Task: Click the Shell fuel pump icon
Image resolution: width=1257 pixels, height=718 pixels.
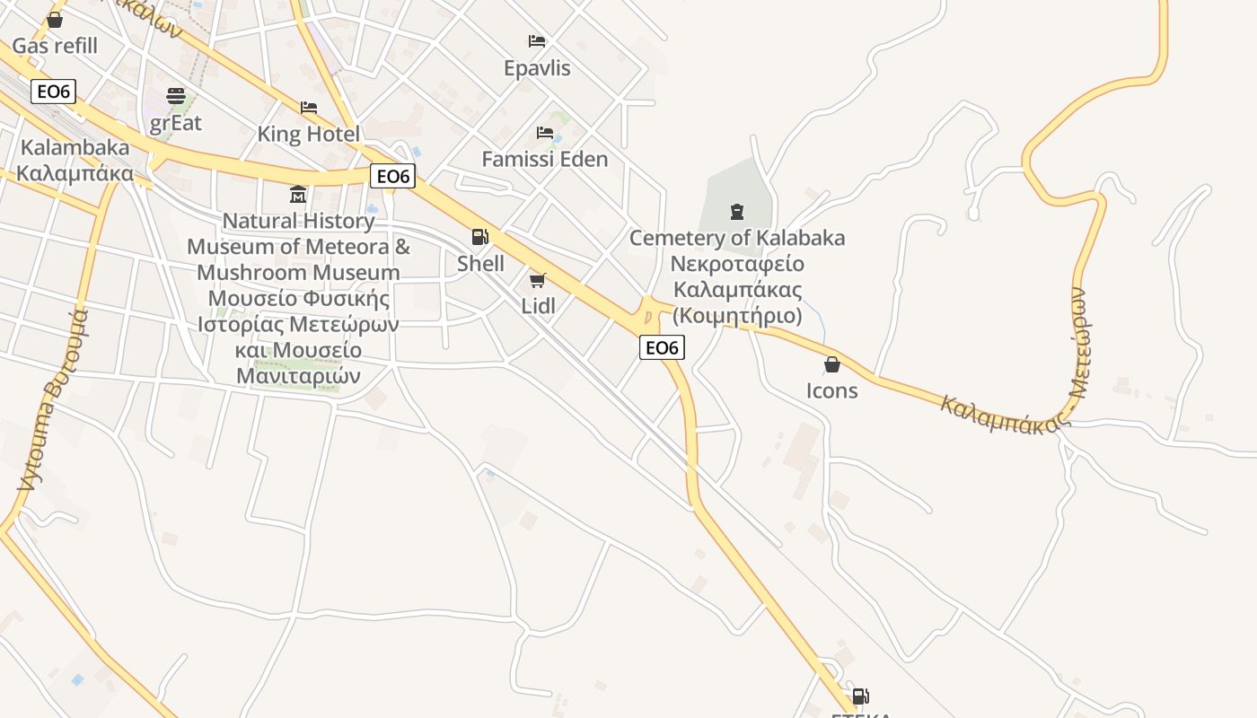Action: [480, 237]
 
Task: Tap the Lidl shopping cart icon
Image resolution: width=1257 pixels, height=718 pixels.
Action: [538, 280]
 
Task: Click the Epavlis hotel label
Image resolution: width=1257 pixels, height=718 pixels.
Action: [537, 68]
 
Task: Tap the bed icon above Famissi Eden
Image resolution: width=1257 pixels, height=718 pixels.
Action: [545, 133]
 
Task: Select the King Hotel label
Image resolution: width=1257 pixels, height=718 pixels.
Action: [308, 135]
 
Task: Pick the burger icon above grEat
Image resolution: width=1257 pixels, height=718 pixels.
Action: [176, 96]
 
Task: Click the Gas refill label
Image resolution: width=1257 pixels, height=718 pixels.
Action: [55, 46]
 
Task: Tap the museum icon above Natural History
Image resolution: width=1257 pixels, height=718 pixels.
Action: [298, 194]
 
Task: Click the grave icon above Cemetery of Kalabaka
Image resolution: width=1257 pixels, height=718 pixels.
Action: [737, 212]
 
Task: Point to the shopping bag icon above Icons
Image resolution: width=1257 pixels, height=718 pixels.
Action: [832, 364]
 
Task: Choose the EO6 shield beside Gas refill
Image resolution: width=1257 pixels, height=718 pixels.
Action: [53, 92]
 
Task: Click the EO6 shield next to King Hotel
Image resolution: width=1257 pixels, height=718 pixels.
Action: [392, 176]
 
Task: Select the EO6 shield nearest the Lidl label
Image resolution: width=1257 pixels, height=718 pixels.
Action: [662, 347]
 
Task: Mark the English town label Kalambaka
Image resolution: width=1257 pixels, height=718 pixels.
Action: [75, 147]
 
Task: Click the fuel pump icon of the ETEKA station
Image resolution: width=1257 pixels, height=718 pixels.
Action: [860, 696]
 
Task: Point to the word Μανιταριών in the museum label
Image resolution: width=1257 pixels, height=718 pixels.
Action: [298, 375]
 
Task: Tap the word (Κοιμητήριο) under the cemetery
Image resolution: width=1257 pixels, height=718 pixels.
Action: [737, 316]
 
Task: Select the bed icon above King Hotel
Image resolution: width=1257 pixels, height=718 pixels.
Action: [309, 108]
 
